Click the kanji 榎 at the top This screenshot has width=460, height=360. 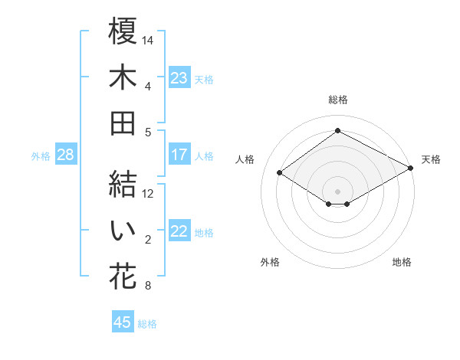click(x=123, y=33)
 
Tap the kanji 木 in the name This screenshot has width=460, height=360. click(x=123, y=79)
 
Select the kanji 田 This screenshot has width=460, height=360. click(x=123, y=123)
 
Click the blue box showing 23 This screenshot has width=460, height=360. click(x=179, y=77)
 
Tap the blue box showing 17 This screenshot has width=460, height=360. click(x=179, y=155)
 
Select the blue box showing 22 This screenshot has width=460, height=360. click(x=179, y=231)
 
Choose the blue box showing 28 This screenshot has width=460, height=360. click(x=66, y=155)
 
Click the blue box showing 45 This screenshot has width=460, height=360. click(x=123, y=322)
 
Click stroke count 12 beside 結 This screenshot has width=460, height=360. click(x=149, y=194)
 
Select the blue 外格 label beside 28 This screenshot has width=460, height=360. click(x=41, y=155)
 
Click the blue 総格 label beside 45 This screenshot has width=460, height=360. click(x=147, y=324)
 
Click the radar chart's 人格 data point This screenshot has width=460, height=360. click(x=280, y=173)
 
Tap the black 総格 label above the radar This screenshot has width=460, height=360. click(x=337, y=100)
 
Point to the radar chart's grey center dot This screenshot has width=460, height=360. click(x=337, y=190)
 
